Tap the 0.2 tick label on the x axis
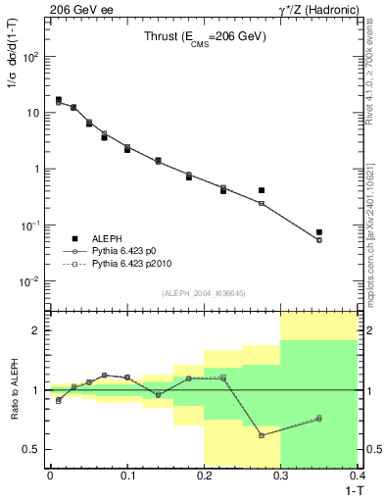tap(204, 476)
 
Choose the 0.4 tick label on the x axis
tap(357, 476)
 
